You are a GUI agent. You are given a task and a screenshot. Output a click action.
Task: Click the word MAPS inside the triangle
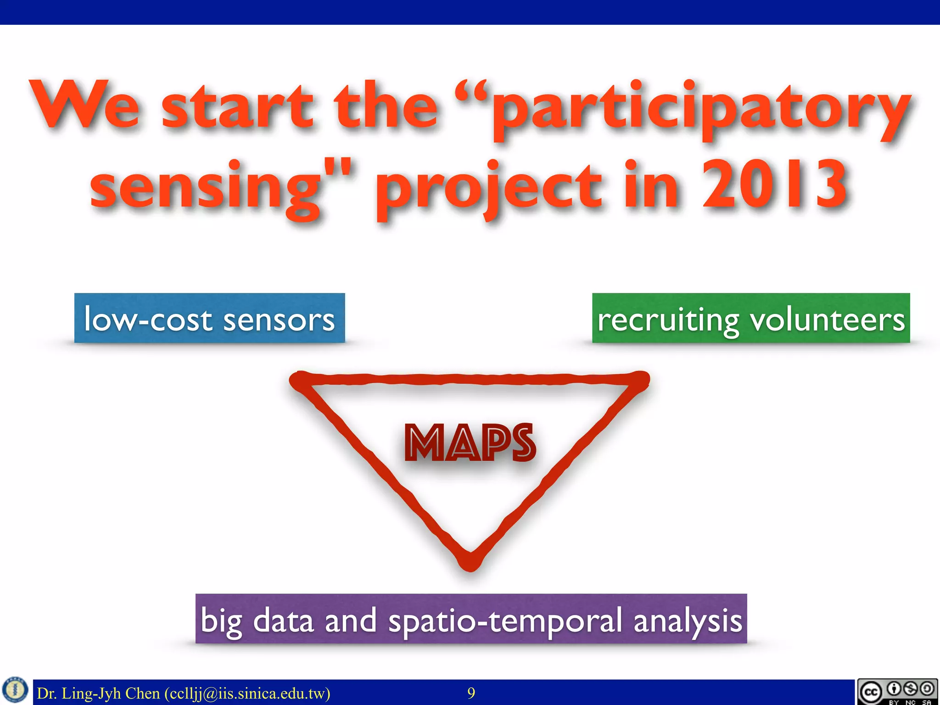(x=470, y=442)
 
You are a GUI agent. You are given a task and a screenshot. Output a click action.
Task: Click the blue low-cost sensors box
(x=209, y=318)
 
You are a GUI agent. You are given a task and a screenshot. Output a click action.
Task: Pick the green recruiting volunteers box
(x=751, y=318)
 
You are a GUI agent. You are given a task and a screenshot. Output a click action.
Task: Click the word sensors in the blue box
(x=279, y=320)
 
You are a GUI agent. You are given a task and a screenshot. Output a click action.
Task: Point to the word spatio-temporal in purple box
(x=505, y=621)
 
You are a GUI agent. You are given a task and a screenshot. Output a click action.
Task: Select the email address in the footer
(x=247, y=693)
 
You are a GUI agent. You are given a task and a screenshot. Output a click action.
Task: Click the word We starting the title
(x=85, y=106)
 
